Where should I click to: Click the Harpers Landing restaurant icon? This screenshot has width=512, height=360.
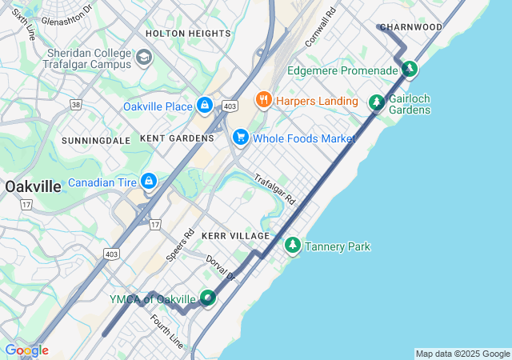pyautogui.click(x=263, y=100)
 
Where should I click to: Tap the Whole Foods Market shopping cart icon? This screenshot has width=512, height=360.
pyautogui.click(x=241, y=138)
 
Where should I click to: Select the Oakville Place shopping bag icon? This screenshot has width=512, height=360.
pyautogui.click(x=206, y=106)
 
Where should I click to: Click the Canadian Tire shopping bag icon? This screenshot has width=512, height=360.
pyautogui.click(x=149, y=183)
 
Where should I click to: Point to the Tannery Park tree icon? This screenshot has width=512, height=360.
pyautogui.click(x=293, y=245)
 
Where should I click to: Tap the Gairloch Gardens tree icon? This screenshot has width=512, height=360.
pyautogui.click(x=377, y=102)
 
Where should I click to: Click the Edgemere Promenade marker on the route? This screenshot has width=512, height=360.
pyautogui.click(x=410, y=70)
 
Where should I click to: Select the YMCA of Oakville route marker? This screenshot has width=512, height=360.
pyautogui.click(x=208, y=298)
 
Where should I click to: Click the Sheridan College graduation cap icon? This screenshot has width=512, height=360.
pyautogui.click(x=143, y=58)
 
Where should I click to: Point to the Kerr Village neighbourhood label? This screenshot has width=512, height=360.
pyautogui.click(x=236, y=236)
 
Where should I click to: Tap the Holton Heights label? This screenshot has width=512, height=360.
pyautogui.click(x=188, y=34)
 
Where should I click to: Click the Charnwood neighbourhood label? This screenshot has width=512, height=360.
pyautogui.click(x=411, y=27)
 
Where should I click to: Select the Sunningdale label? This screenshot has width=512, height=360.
pyautogui.click(x=96, y=141)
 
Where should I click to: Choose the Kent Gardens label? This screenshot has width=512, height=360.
pyautogui.click(x=177, y=138)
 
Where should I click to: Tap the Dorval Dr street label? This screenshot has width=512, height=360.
pyautogui.click(x=221, y=268)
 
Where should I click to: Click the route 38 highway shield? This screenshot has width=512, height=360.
pyautogui.click(x=76, y=104)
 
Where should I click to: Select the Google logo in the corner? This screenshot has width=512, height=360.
pyautogui.click(x=26, y=350)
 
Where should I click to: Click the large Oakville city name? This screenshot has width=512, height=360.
pyautogui.click(x=32, y=186)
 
